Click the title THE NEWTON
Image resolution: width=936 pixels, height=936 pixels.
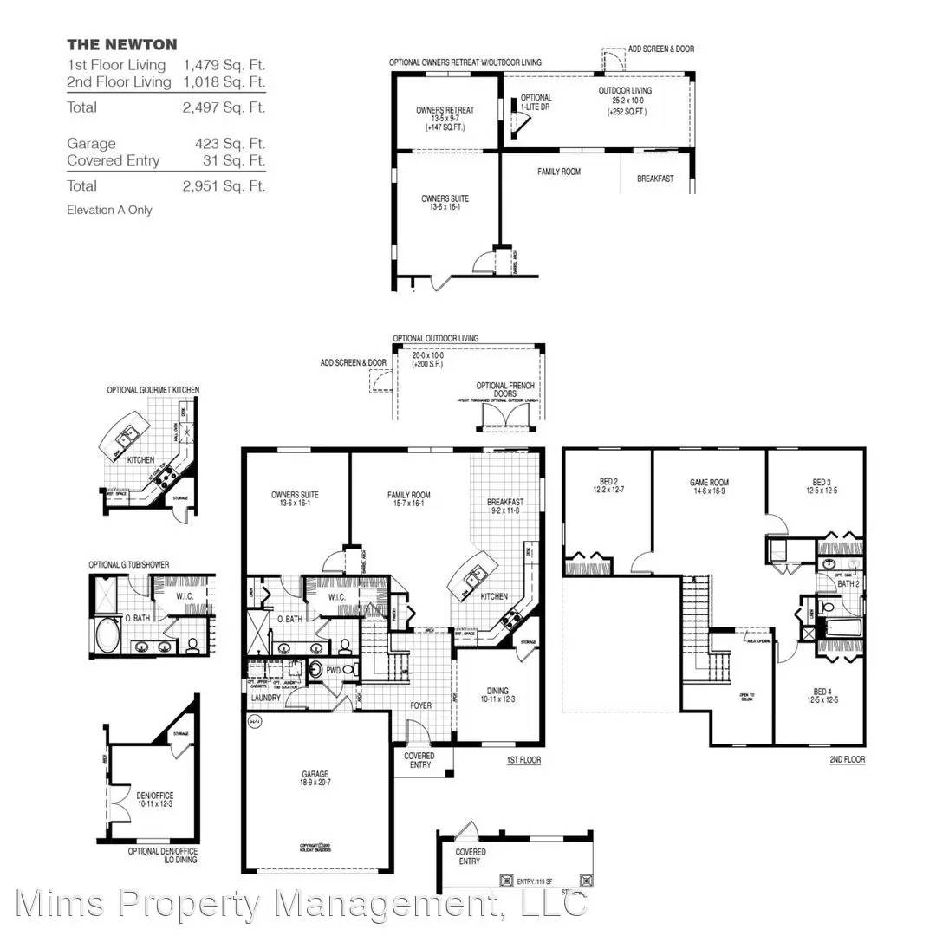[x=122, y=45]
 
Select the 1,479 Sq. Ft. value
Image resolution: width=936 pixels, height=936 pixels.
[x=224, y=65]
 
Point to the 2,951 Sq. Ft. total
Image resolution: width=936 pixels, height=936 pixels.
[x=224, y=185]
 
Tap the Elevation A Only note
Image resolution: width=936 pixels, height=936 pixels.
[x=109, y=210]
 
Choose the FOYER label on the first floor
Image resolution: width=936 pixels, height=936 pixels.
[x=420, y=705]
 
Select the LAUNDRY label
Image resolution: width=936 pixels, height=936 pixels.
[x=266, y=698]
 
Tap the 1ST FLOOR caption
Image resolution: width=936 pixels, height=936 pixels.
[x=523, y=760]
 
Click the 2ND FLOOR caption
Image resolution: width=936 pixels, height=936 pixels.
[x=847, y=760]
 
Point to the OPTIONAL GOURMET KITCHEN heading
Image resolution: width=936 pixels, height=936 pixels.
[x=153, y=390]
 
